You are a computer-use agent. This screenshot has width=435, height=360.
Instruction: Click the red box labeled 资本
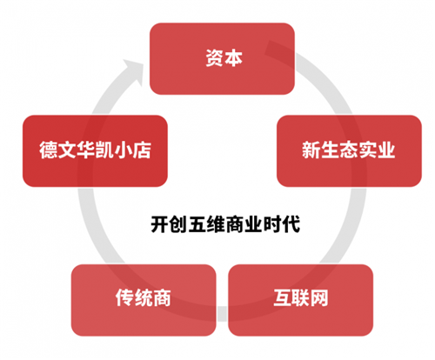[222, 58]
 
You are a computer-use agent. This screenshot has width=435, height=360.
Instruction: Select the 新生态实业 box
[349, 150]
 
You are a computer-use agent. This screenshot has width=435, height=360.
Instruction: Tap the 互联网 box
[301, 300]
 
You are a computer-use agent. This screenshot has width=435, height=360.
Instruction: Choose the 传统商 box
[144, 300]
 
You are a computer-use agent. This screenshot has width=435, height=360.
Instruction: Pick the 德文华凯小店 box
[95, 150]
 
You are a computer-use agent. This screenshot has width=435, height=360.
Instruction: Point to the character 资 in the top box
[214, 58]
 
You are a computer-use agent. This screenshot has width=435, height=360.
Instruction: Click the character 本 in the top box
[233, 58]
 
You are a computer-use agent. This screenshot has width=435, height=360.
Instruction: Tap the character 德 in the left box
[49, 150]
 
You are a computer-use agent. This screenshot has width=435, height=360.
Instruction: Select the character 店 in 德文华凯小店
[142, 150]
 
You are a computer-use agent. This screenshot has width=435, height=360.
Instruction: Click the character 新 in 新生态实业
[311, 150]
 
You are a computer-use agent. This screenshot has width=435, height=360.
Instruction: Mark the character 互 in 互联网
[283, 297]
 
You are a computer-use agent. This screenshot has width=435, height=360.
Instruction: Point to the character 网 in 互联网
[319, 297]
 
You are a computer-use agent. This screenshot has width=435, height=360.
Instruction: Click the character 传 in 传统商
[125, 297]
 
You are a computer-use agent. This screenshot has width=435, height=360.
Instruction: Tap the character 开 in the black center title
[160, 224]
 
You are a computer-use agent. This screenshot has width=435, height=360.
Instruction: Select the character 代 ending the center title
[291, 224]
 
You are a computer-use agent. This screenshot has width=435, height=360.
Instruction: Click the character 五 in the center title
[197, 224]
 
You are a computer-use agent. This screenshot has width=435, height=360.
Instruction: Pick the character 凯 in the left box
[104, 150]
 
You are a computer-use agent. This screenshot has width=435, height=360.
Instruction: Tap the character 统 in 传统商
[144, 297]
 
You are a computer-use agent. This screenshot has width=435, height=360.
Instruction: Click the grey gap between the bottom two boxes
[222, 314]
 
